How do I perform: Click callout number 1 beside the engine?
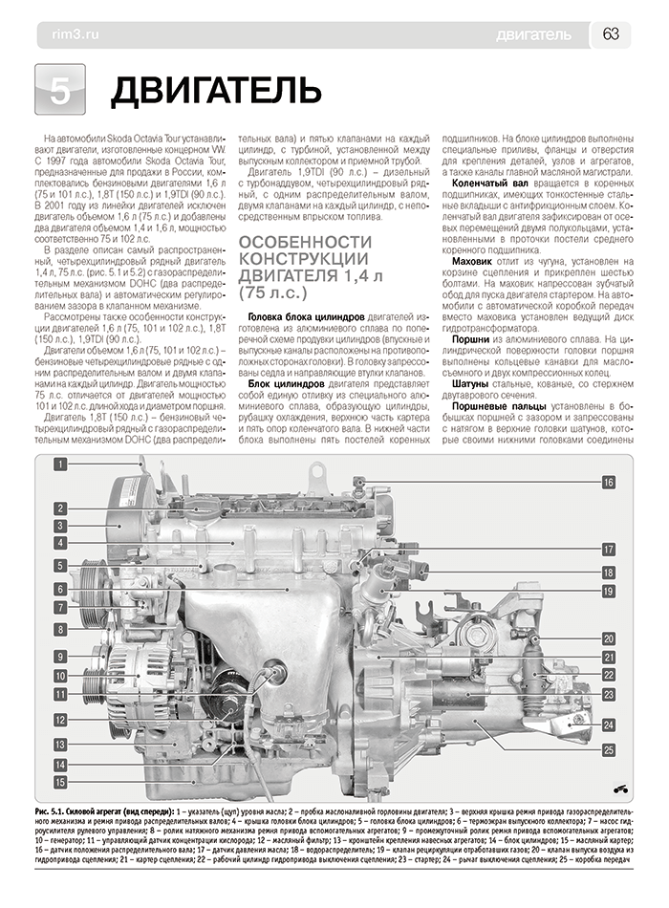pyautogui.click(x=59, y=465)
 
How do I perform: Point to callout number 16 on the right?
pyautogui.click(x=607, y=484)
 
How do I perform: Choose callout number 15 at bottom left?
pyautogui.click(x=59, y=784)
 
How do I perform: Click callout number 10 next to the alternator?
pyautogui.click(x=59, y=676)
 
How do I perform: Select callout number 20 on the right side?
pyautogui.click(x=607, y=638)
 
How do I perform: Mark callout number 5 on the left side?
pyautogui.click(x=59, y=565)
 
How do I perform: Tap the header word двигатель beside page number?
pyautogui.click(x=534, y=35)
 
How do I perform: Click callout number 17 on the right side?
pyautogui.click(x=607, y=550)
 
